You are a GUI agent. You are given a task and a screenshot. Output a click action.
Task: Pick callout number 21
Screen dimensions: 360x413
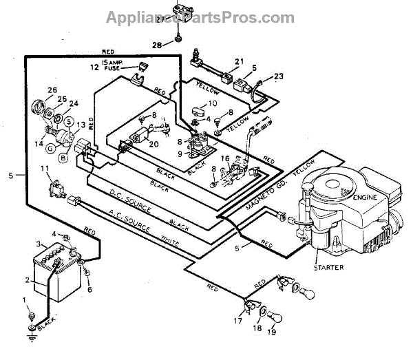tap(239, 62)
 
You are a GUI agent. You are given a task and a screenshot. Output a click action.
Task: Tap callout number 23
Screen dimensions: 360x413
tap(279, 76)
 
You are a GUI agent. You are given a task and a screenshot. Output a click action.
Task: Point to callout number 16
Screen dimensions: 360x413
tap(225, 158)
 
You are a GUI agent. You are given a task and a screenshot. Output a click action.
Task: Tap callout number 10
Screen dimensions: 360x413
tap(213, 103)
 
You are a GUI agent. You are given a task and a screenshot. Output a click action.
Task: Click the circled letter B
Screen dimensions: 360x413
tap(62, 158)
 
